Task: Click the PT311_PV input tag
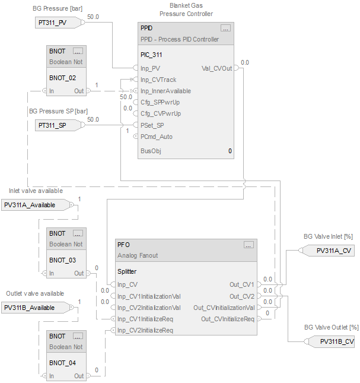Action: pos(52,23)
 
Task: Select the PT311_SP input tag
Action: pos(52,125)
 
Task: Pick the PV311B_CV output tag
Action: pos(337,341)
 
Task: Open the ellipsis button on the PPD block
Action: pos(225,28)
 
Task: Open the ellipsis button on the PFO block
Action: pos(249,244)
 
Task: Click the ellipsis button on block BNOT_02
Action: pos(78,51)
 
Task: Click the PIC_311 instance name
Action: pos(151,55)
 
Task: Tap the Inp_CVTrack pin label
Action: pos(158,80)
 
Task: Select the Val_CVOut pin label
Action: pos(217,68)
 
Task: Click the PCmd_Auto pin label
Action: pos(157,137)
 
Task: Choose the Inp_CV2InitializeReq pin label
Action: pos(145,330)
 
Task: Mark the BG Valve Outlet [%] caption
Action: pos(331,327)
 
